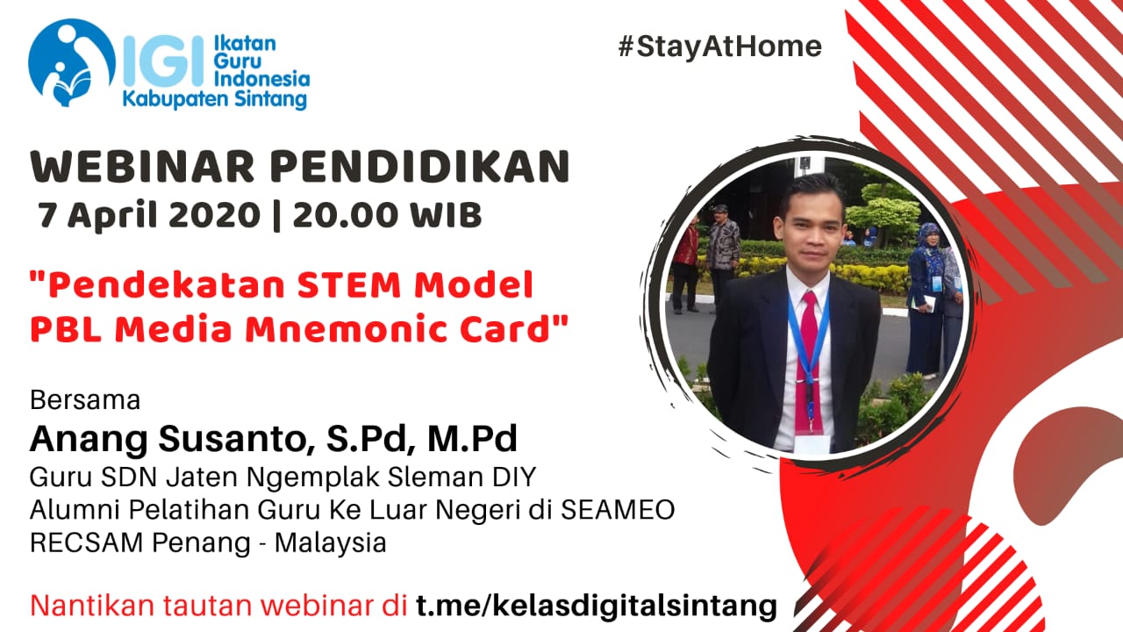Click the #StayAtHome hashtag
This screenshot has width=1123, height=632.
720,47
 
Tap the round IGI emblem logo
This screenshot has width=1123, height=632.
72,62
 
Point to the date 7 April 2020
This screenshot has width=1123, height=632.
149,216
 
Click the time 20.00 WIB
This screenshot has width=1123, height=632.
387,215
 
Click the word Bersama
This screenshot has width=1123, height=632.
85,400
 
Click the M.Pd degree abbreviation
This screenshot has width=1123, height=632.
472,439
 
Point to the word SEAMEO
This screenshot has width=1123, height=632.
618,510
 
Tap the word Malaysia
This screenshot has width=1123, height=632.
331,543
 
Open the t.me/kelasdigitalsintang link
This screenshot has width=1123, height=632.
597,607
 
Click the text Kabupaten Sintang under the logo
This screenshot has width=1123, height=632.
215,99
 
